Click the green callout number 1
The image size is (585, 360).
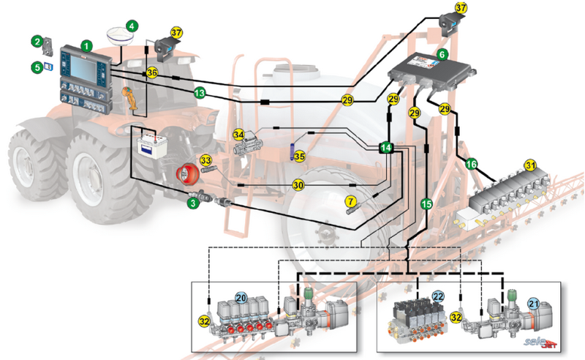[x=87, y=45]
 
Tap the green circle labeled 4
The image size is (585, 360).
[x=131, y=26]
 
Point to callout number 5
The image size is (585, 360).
[x=37, y=67]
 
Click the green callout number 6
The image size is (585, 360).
[x=442, y=53]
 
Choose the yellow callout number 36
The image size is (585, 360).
[x=151, y=72]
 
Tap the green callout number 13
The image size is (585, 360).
[x=198, y=93]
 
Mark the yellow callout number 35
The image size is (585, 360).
[x=299, y=157]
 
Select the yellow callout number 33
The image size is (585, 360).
[x=206, y=159]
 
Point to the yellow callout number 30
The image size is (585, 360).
[x=298, y=185]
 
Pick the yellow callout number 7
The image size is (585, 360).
[x=351, y=200]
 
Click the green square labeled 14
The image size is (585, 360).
[x=386, y=148]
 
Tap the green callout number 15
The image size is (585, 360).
[x=427, y=205]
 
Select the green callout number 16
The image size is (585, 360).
[x=472, y=165]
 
